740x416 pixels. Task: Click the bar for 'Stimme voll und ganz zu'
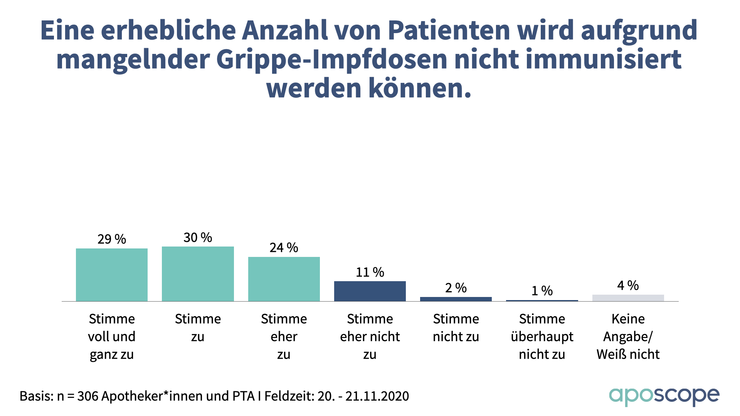112,275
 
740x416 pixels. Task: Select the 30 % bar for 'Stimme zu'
198,274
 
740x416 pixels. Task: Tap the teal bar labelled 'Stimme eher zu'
284,279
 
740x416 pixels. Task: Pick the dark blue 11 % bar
370,291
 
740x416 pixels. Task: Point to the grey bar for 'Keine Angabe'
628,298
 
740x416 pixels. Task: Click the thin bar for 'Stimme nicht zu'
456,299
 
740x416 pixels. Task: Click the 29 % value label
112,239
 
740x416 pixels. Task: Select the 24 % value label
284,248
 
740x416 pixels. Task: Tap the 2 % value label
456,288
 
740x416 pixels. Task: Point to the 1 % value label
542,291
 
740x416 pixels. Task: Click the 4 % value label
628,285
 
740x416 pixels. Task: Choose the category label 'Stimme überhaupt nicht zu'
542,336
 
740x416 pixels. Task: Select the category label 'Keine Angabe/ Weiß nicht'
628,336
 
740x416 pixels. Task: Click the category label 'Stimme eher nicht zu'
370,336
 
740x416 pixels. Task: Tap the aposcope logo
664,396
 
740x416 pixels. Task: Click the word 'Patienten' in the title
449,30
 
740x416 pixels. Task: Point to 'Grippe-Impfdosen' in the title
332,59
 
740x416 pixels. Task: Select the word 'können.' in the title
420,88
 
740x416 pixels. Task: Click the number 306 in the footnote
87,396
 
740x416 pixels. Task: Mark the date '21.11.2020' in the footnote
377,396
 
